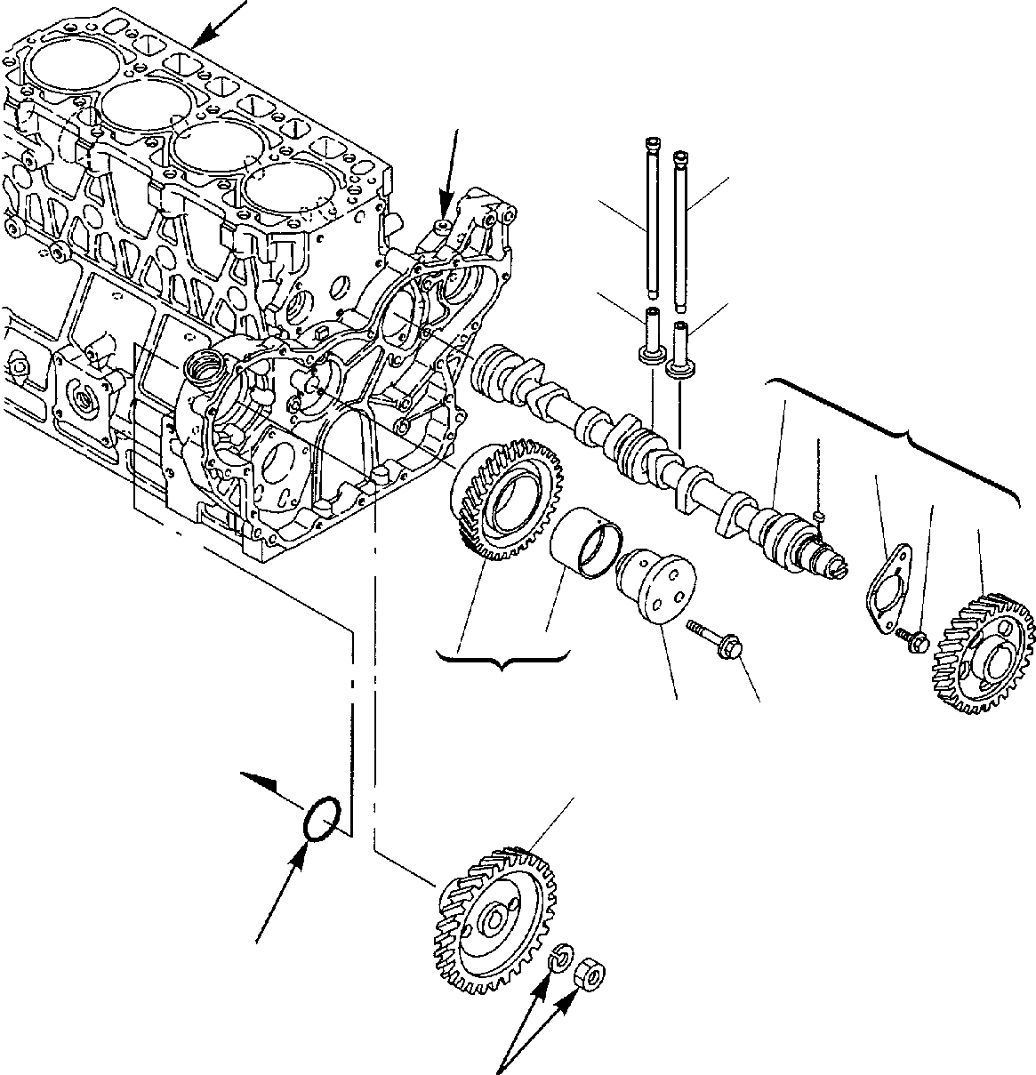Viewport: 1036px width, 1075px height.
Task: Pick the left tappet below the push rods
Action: tap(651, 338)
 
